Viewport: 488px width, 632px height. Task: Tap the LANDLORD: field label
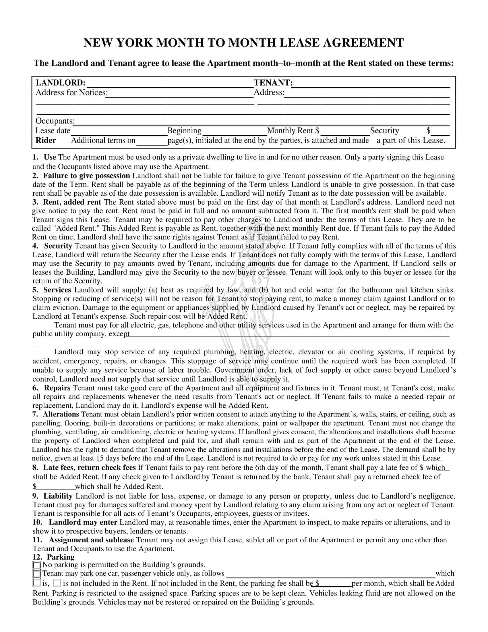click(x=60, y=83)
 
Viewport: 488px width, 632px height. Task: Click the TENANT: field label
click(x=273, y=83)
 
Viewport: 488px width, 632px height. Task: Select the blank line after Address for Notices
click(x=179, y=93)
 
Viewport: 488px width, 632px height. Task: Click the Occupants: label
click(x=55, y=121)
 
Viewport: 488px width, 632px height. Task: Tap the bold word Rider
click(x=46, y=140)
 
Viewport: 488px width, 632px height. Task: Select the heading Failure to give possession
click(x=86, y=176)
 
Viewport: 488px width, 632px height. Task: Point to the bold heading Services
click(x=57, y=290)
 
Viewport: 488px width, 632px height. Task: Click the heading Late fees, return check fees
click(x=89, y=468)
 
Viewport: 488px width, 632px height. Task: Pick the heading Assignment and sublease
click(x=91, y=540)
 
